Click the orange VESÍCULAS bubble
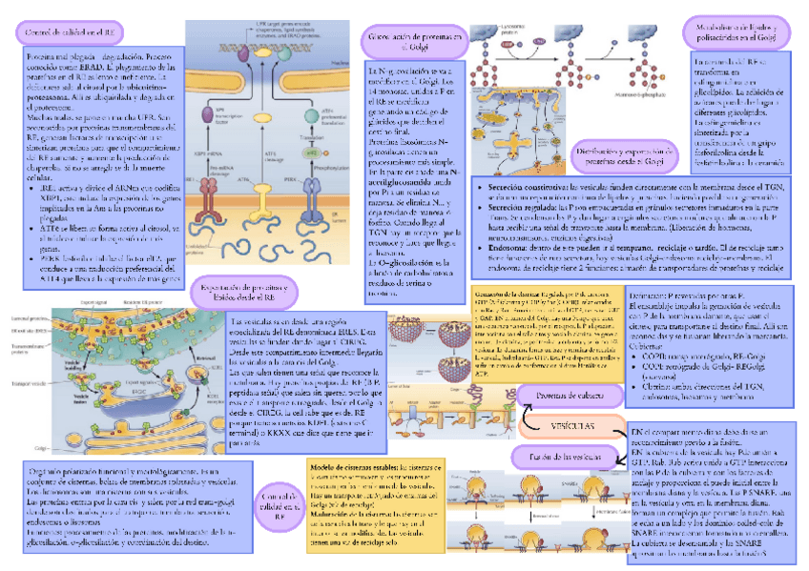(x=570, y=423)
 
